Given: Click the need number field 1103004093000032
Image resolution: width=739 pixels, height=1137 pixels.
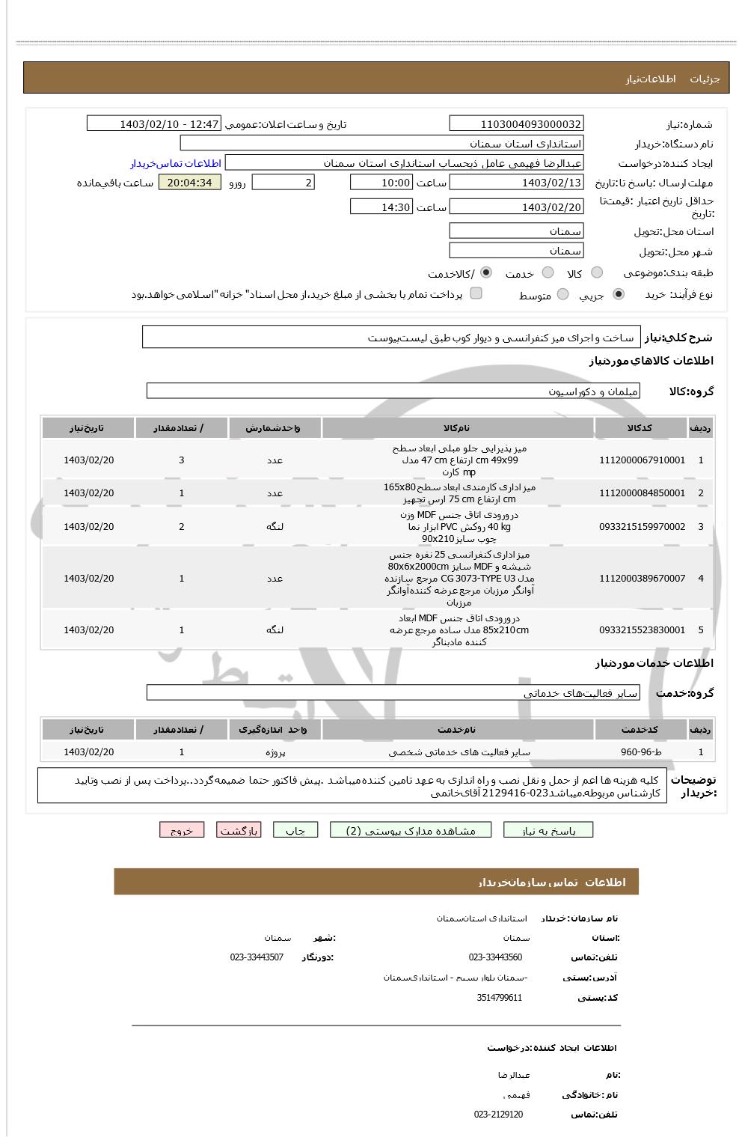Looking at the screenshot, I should click(x=516, y=124).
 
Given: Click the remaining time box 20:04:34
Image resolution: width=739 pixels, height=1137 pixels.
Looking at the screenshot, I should click(x=190, y=183).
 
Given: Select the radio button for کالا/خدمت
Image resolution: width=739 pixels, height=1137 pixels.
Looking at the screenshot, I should click(x=486, y=272).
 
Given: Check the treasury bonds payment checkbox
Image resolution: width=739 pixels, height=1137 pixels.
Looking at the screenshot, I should click(x=476, y=293).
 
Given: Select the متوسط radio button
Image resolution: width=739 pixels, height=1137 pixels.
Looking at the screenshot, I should click(x=562, y=295).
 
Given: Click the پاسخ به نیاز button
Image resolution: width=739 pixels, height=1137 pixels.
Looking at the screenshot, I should click(x=548, y=830).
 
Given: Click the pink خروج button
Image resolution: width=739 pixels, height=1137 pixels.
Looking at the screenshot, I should click(x=182, y=830).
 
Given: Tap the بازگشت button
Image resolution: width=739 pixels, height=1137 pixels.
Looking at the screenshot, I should click(x=239, y=830).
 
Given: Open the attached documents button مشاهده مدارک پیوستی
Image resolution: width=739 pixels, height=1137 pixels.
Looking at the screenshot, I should click(x=411, y=830).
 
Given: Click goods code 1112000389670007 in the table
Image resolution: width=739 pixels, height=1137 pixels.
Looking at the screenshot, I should click(x=642, y=579).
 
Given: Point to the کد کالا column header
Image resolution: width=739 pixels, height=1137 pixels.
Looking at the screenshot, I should click(x=641, y=427).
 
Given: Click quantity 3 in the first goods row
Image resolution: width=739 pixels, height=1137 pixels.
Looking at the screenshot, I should click(x=182, y=460).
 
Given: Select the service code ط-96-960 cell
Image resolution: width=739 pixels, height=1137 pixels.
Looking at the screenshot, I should click(x=641, y=752).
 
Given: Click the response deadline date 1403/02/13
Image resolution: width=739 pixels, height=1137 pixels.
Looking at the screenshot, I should click(x=516, y=183).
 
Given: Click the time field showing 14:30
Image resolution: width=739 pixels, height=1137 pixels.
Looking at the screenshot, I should click(x=381, y=207).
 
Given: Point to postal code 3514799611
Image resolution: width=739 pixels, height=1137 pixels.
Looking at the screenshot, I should click(x=500, y=998).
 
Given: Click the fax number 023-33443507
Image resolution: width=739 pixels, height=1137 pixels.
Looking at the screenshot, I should click(x=257, y=957).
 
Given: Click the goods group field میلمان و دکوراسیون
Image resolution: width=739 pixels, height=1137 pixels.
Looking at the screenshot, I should click(x=393, y=391).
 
